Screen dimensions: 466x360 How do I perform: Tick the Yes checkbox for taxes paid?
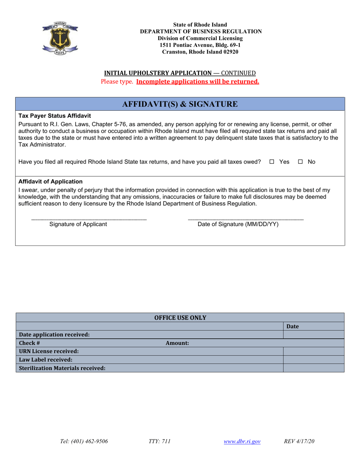point(271,162)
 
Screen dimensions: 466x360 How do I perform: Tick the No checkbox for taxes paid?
point(300,162)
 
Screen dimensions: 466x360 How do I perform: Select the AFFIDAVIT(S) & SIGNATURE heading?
point(180,104)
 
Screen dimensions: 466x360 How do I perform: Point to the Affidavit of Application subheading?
point(50,181)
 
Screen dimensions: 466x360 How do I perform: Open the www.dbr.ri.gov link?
point(242,441)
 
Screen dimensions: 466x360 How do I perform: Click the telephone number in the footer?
point(84,441)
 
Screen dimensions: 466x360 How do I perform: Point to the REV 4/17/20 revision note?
point(299,441)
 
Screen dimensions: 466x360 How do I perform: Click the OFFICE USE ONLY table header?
point(180,317)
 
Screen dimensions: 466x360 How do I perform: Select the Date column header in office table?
point(293,326)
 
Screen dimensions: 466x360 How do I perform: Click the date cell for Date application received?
point(313,335)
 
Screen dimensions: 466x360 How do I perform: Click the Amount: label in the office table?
point(177,343)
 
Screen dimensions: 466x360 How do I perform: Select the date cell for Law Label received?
point(313,360)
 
